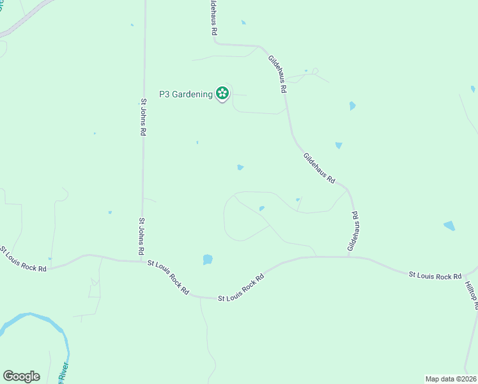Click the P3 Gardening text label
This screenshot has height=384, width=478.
[186, 95]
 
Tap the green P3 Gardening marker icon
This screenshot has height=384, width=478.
[222, 93]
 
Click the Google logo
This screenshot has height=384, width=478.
[21, 376]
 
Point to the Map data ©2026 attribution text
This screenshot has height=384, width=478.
[451, 378]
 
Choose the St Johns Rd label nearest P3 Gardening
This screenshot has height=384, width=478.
[144, 116]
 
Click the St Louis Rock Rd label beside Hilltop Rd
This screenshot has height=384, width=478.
[435, 275]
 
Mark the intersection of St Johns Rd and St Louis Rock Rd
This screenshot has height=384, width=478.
[142, 260]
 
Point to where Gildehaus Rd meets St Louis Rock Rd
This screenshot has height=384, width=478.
[348, 257]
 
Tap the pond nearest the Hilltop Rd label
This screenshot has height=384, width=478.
[449, 225]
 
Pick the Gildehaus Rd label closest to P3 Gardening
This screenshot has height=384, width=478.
[277, 74]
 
